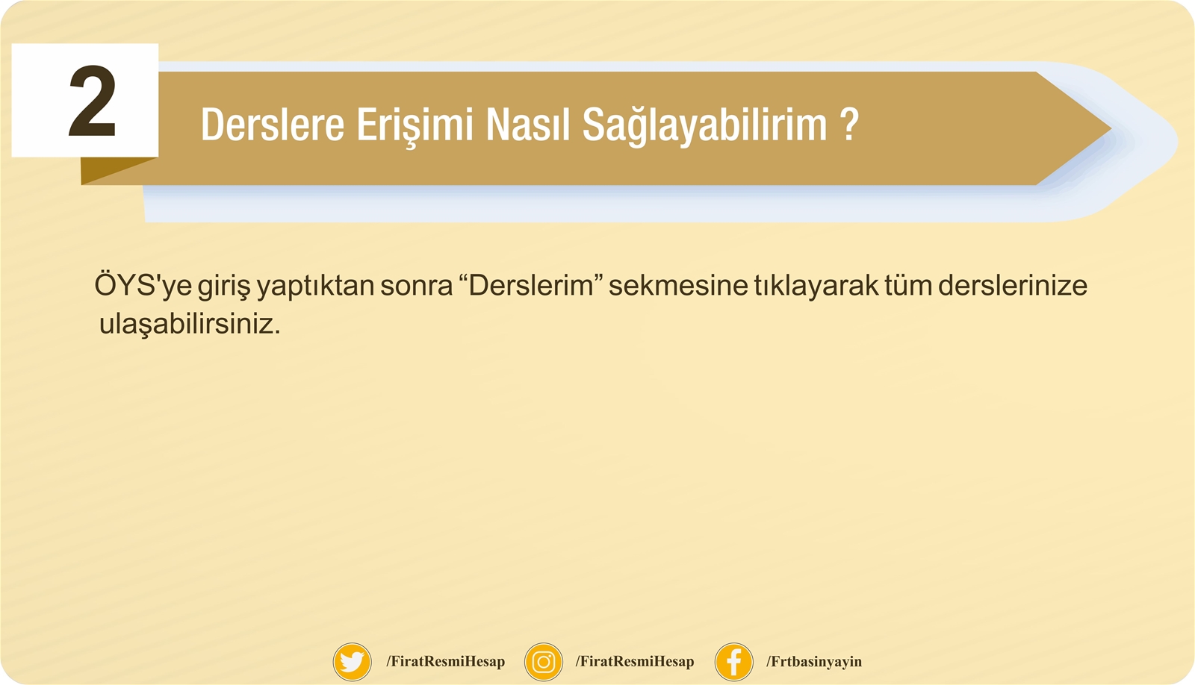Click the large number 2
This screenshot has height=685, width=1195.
pyautogui.click(x=93, y=101)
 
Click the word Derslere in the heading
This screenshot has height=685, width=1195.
pyautogui.click(x=273, y=124)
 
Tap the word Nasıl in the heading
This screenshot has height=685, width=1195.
pyautogui.click(x=527, y=124)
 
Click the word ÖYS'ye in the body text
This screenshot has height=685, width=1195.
pyautogui.click(x=143, y=285)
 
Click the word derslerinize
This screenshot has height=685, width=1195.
pyautogui.click(x=1013, y=285)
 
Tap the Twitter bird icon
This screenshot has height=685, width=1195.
pyautogui.click(x=352, y=662)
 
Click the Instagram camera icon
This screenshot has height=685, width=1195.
pyautogui.click(x=544, y=662)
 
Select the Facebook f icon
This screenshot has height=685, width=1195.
pyautogui.click(x=734, y=662)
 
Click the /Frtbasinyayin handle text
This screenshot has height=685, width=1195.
pyautogui.click(x=814, y=662)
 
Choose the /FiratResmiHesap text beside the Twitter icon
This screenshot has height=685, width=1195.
pyautogui.click(x=445, y=662)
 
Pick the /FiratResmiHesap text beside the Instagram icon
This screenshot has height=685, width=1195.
pyautogui.click(x=635, y=662)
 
